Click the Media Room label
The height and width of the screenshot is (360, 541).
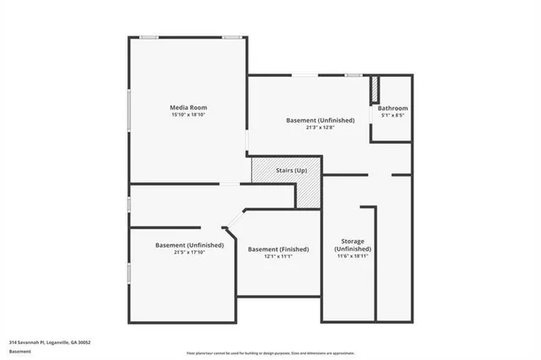click(x=189, y=107)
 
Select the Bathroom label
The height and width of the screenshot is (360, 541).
click(x=393, y=108)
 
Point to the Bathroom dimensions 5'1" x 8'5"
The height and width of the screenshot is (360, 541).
click(x=393, y=115)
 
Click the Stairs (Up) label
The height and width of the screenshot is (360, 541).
click(x=292, y=171)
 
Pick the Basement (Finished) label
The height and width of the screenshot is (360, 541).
click(x=278, y=249)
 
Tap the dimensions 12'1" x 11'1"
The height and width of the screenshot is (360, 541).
click(x=278, y=256)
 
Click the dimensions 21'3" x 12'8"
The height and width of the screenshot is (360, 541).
click(x=320, y=128)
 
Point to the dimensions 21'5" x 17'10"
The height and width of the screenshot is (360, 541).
click(x=189, y=252)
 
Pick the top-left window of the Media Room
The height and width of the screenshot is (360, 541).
click(x=150, y=36)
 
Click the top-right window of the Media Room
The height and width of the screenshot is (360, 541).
click(x=232, y=36)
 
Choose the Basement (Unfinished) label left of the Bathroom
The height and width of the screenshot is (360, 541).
click(x=320, y=120)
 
